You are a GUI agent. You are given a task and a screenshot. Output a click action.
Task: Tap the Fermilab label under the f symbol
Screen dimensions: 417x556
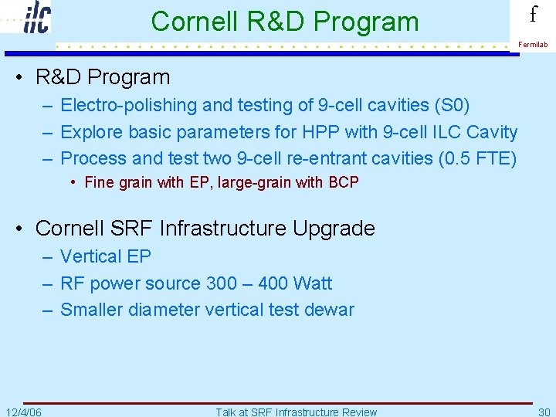pos(533,45)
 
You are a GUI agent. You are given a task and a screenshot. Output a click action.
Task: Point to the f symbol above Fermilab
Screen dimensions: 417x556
pos(533,15)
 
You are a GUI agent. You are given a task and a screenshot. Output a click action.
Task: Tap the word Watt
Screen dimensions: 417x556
pos(313,283)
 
